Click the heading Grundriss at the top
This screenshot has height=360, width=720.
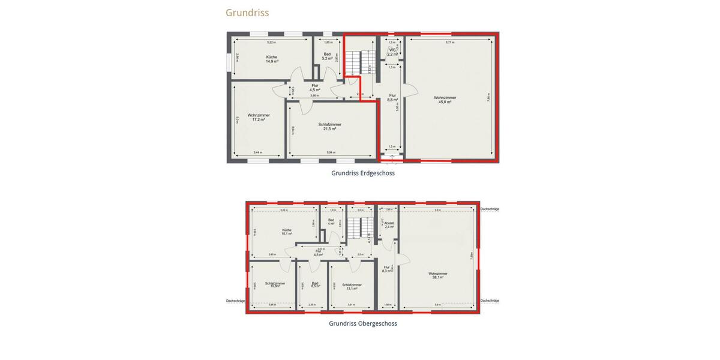pos(247,13)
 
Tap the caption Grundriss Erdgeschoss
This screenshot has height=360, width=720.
pos(363,173)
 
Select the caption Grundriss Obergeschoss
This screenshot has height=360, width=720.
pos(363,323)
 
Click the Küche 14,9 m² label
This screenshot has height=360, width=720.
pos(272,59)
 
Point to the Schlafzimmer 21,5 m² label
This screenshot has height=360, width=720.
pos(330,127)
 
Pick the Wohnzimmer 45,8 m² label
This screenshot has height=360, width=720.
pos(445,100)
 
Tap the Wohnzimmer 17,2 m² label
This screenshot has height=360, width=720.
pos(259,117)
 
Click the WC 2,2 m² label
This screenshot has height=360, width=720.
pos(392,52)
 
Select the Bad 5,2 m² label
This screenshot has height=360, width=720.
pos(327,56)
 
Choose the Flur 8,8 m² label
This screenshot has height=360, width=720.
pos(392,97)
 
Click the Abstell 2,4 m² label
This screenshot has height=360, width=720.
pos(388,225)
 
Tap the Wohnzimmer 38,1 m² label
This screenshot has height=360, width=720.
pos(437,275)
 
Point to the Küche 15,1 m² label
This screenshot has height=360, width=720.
pos(287,232)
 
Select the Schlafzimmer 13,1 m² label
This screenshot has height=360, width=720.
pos(352,286)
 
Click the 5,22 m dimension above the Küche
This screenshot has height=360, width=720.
pos(271,43)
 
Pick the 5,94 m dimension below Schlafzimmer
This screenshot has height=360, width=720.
pos(331,152)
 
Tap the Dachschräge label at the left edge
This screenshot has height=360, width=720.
pos(235,301)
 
